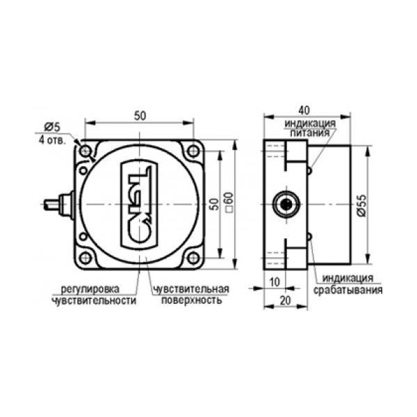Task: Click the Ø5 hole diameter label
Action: pyautogui.click(x=52, y=127)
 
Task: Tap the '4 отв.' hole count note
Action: pyautogui.click(x=52, y=140)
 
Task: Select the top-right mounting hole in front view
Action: pyautogui.click(x=193, y=151)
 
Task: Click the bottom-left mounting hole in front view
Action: pyautogui.click(x=85, y=258)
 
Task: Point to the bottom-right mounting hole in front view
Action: pyautogui.click(x=193, y=258)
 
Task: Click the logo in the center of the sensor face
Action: pyautogui.click(x=139, y=205)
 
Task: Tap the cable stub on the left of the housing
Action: pyautogui.click(x=59, y=205)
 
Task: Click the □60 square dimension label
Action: pyautogui.click(x=229, y=202)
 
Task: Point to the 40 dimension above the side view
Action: pyautogui.click(x=304, y=111)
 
